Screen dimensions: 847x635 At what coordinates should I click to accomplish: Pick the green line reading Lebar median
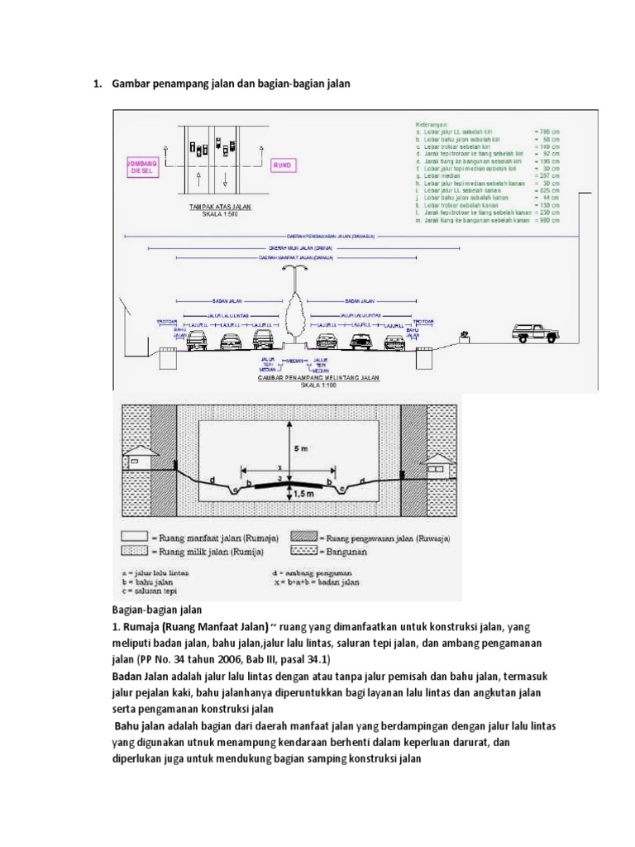[x=443, y=177]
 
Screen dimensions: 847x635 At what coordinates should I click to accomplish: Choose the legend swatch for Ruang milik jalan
[x=134, y=549]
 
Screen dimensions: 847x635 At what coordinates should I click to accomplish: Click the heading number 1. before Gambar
[x=96, y=83]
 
